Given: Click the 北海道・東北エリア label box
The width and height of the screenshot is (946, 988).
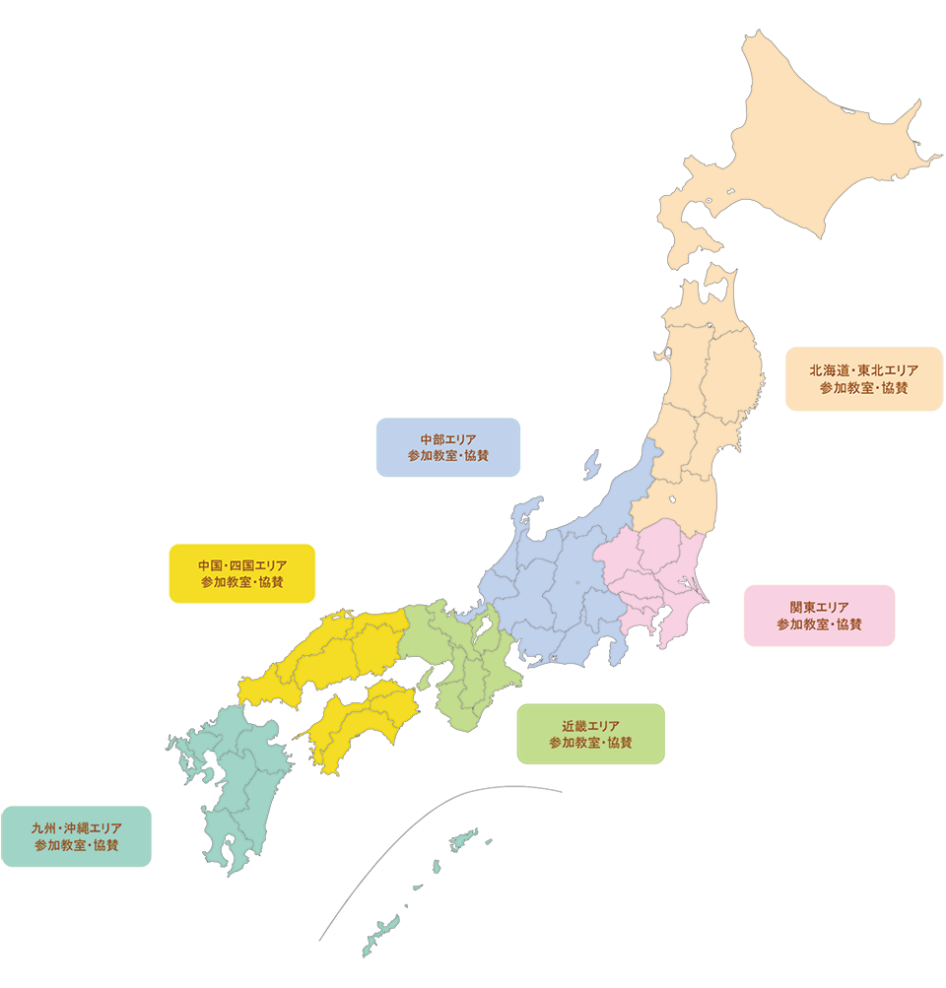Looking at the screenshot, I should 863,379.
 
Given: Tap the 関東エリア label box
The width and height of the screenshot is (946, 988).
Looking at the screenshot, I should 819,616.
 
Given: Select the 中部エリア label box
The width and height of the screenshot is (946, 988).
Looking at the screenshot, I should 448,447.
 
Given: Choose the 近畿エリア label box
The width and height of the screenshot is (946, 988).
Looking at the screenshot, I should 590,734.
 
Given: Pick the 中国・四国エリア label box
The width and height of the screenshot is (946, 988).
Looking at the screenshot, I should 241,573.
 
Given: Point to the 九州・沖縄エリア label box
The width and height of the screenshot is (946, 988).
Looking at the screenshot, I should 76,836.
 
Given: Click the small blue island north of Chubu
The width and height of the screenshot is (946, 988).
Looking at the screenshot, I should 592,462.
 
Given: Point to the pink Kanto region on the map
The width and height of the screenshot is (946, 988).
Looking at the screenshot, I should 645,571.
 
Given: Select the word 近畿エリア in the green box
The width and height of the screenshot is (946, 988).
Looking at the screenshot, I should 590,725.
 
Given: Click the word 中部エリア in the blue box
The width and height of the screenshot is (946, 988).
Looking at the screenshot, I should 448,438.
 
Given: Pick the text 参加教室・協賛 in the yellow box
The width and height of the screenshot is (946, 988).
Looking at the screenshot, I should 241,582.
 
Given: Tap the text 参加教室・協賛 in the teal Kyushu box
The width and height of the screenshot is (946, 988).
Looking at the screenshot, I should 76,845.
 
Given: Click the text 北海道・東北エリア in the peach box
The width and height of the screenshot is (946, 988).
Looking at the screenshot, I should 863,370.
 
